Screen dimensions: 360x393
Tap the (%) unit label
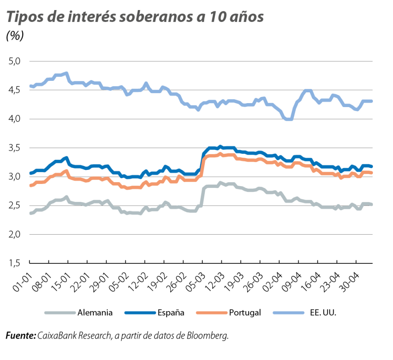tap(15, 36)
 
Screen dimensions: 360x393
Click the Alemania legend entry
tap(95, 313)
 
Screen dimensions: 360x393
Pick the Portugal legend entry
tap(245, 313)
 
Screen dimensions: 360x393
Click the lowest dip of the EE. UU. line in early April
tap(288, 119)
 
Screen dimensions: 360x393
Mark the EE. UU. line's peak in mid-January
tap(66, 73)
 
